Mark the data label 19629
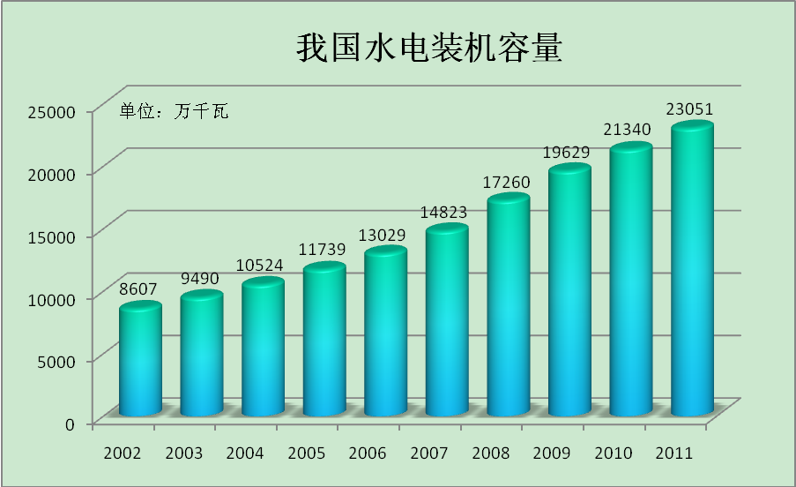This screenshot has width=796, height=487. pyautogui.click(x=567, y=153)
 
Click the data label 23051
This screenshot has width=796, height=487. pyautogui.click(x=690, y=109)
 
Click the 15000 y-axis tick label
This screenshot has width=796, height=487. pyautogui.click(x=52, y=236)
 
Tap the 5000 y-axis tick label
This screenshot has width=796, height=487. pyautogui.click(x=56, y=360)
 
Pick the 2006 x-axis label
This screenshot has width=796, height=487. pyautogui.click(x=367, y=453)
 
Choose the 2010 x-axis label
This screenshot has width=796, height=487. pyautogui.click(x=613, y=453)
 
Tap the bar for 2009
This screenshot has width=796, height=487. pyautogui.click(x=569, y=291)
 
